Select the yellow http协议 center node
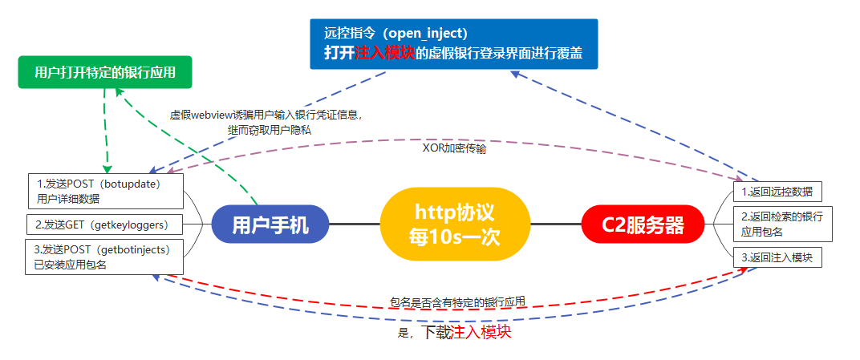[x=455, y=224]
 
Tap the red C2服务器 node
[x=643, y=224]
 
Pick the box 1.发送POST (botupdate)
[x=105, y=192]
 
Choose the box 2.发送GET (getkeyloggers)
[x=105, y=224]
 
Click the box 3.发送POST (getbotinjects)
[x=105, y=257]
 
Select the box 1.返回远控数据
[x=777, y=192]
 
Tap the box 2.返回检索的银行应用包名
[x=777, y=224]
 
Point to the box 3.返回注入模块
[x=777, y=257]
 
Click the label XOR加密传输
[x=454, y=148]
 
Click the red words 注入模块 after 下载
[x=481, y=332]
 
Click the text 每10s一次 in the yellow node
[x=455, y=237]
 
